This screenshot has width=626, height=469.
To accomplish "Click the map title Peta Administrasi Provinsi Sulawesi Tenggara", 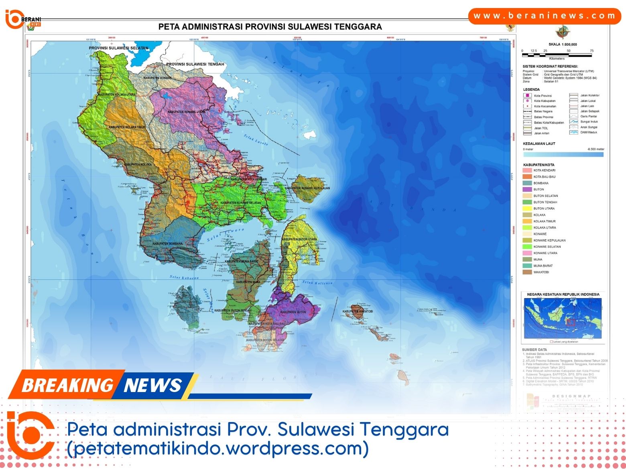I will (x=270, y=27).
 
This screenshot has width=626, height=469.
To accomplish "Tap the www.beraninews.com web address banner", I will (x=545, y=16).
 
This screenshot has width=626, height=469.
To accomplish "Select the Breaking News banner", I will (x=102, y=385).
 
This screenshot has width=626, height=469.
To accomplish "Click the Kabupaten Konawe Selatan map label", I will (x=240, y=203).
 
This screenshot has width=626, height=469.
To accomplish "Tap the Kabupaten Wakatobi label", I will (x=358, y=311).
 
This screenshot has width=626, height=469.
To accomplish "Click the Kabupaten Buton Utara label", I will (x=299, y=239).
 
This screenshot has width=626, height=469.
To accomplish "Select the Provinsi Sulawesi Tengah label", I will (x=195, y=64).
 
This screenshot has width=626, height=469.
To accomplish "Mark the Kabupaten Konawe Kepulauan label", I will (x=307, y=188).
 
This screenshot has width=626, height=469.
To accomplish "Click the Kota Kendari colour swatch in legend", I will (x=527, y=170).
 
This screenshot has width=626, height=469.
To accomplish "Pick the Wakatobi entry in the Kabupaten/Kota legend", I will (x=541, y=272).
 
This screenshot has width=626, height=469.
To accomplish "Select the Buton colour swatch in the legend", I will (x=527, y=190).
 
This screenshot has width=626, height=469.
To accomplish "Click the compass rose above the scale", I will (x=563, y=32).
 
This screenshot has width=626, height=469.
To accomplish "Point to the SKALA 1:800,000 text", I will (x=563, y=44).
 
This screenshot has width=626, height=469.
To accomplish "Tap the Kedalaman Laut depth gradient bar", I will (x=563, y=154).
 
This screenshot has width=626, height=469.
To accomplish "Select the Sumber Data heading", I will (x=534, y=350).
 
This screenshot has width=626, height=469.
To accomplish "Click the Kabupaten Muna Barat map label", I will (x=242, y=261).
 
